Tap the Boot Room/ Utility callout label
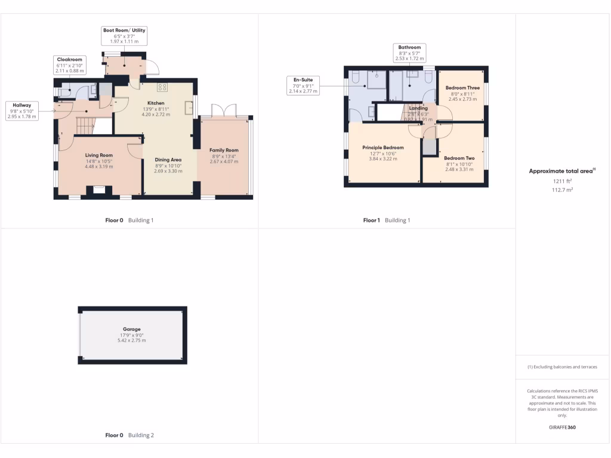point(124,36)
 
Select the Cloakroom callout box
point(69,65)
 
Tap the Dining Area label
point(168,160)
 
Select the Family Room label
point(224,150)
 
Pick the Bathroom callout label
point(409,53)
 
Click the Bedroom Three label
point(462,88)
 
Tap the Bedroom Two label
point(458,158)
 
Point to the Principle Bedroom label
point(383,148)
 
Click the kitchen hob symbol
point(162,88)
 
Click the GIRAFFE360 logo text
point(563,428)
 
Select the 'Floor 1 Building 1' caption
point(387,221)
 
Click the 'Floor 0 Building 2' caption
point(129,435)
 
